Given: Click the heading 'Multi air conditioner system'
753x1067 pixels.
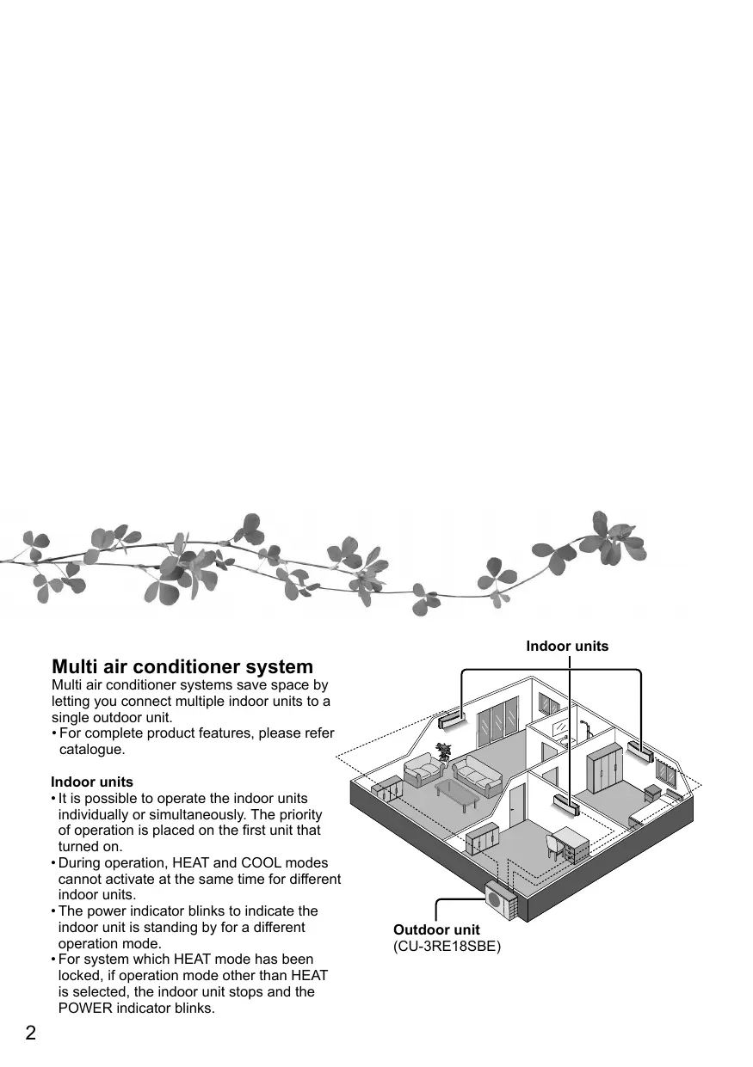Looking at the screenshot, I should (x=182, y=667).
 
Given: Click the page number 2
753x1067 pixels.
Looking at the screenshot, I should (x=30, y=1033).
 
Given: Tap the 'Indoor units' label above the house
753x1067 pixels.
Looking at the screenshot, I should (x=567, y=646).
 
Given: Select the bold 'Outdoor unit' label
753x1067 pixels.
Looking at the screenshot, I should (x=436, y=930).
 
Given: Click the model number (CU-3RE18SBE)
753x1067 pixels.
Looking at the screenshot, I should (x=447, y=947).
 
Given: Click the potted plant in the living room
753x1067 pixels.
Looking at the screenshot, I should (x=443, y=751).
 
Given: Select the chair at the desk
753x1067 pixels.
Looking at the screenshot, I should (x=554, y=845).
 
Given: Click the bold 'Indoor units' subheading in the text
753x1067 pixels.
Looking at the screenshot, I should (x=92, y=782).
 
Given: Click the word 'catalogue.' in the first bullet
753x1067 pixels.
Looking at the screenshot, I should (x=92, y=750).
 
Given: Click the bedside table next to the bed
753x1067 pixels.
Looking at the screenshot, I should (x=653, y=793).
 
